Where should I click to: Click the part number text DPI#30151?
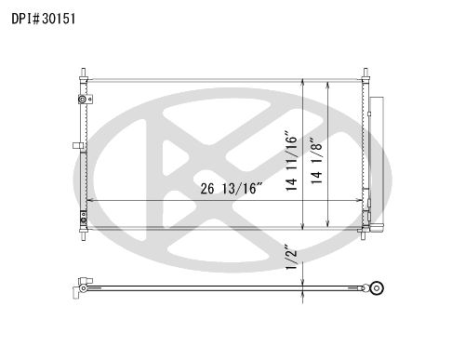pyautogui.click(x=44, y=19)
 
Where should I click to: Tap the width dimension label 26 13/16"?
pyautogui.click(x=232, y=188)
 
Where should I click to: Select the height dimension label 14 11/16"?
pyautogui.click(x=291, y=162)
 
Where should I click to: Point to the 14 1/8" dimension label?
pyautogui.click(x=316, y=161)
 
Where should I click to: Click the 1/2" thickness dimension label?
pyautogui.click(x=291, y=257)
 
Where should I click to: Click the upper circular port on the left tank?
pyautogui.click(x=83, y=100)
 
